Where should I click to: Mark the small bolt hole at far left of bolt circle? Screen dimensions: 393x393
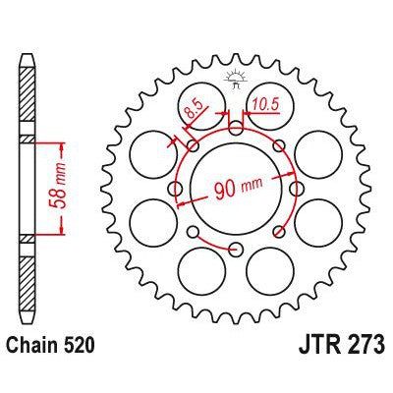pyautogui.click(x=177, y=188)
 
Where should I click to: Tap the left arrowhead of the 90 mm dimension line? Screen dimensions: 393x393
pyautogui.click(x=180, y=199)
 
